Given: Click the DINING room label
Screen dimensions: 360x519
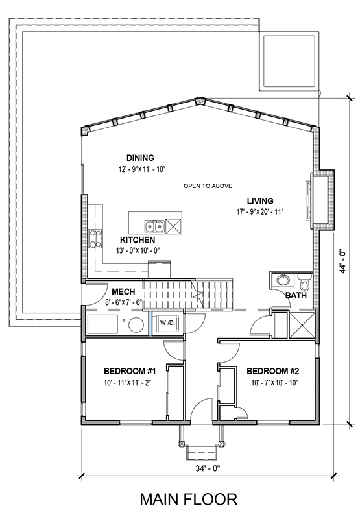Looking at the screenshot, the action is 140,158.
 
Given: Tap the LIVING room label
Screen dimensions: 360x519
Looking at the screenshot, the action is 260,201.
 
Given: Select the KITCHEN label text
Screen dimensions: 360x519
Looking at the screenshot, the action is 138,239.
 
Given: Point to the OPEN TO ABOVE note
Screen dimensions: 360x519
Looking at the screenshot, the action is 208,186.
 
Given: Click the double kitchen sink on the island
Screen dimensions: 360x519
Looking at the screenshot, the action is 154,226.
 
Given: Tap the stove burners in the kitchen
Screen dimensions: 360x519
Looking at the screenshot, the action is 95,239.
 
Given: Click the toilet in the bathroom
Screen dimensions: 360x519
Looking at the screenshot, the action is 303,282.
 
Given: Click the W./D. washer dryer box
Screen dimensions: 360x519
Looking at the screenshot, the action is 167,323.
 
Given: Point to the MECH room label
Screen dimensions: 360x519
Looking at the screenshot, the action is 123,291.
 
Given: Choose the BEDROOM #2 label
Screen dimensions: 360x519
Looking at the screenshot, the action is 273,371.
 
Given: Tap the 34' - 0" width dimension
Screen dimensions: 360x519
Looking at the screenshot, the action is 208,468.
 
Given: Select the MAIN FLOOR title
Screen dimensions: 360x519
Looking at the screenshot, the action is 189,499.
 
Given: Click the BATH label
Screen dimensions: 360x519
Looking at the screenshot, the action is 296,295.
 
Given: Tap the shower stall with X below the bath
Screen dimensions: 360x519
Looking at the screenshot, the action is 302,325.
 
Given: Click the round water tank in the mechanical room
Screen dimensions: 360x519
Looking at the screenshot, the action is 136,326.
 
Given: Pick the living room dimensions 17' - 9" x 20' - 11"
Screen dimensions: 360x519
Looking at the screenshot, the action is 260,212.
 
